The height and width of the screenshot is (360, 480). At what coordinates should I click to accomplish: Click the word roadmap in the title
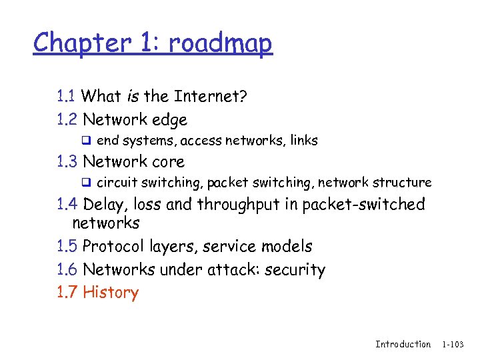pyautogui.click(x=221, y=44)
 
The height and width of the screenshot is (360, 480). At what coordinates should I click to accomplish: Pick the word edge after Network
pyautogui.click(x=169, y=121)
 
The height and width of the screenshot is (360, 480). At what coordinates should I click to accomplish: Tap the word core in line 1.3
pyautogui.click(x=168, y=161)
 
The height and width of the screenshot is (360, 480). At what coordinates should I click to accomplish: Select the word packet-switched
pyautogui.click(x=363, y=204)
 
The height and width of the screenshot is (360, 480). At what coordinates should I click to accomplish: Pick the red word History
pyautogui.click(x=111, y=293)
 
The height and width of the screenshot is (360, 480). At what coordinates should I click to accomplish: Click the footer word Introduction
pyautogui.click(x=403, y=344)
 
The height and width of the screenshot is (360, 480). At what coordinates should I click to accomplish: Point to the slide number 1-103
pyautogui.click(x=457, y=344)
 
